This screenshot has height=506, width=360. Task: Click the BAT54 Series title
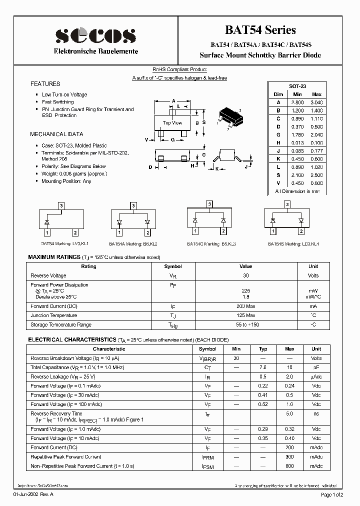pos(270,30)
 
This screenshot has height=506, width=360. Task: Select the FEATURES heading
pos(45,84)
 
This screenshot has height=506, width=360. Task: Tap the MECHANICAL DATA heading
pos(56,134)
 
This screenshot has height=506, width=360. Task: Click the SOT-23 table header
pos(297,86)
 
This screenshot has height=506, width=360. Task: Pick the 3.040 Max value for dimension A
pos(316,102)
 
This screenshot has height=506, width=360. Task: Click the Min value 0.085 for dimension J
pos(297,150)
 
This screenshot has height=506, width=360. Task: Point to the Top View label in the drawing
pos(172,122)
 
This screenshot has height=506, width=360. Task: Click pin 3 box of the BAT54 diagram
pos(61,205)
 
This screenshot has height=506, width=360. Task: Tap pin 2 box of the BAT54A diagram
pos(147,232)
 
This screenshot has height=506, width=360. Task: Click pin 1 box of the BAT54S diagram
pos(273,231)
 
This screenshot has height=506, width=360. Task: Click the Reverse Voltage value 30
pos(245,275)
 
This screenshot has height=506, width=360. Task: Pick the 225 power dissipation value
pos(245,290)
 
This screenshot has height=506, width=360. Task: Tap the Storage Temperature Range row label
pos(61,325)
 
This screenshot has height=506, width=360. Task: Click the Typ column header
pos(263,349)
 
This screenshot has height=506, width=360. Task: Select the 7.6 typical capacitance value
pos(263,367)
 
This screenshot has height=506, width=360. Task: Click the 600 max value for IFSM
pos(289,466)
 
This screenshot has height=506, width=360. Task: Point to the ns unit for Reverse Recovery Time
pos(316,413)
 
